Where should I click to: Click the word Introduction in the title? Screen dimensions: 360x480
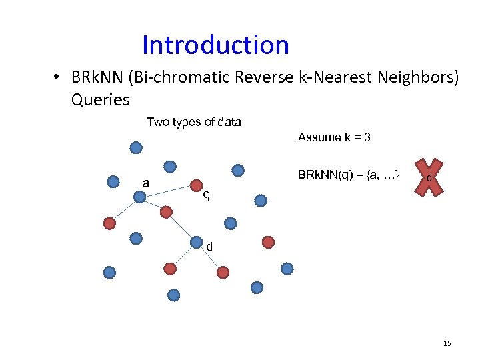pos(215,45)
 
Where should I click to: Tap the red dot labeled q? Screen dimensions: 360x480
pos(197,185)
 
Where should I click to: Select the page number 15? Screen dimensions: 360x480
pos(447,343)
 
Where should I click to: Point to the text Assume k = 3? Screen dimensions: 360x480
pos(334,137)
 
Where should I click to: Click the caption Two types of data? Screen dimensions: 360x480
pos(193,122)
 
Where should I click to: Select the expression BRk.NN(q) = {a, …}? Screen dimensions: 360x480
pos(349,175)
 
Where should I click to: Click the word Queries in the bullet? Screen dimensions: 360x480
pos(100,100)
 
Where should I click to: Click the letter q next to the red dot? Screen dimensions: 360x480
pos(207,195)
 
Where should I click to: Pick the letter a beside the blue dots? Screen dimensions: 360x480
pos(145,183)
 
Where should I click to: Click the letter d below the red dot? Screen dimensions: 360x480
pos(209,247)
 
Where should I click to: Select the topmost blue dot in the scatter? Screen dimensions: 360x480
pos(136,148)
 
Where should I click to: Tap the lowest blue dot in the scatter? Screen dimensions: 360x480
pos(174,295)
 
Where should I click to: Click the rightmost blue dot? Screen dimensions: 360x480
pos(287,269)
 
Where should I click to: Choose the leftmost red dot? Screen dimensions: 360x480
pos(109,223)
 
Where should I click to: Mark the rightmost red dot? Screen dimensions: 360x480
pos(268,242)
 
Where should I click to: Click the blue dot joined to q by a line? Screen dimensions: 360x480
pos(139,197)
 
